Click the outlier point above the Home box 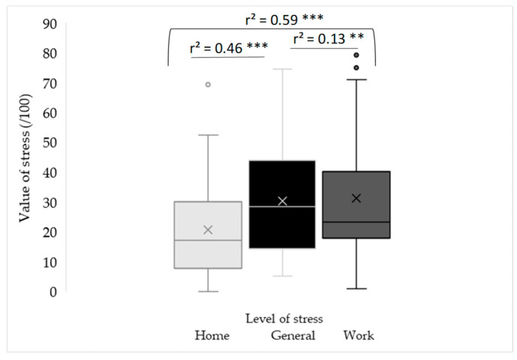[x=208, y=85]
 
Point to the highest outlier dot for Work [x=356, y=55]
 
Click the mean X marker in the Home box [x=208, y=229]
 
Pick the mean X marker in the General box [x=282, y=201]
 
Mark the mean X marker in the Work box [x=356, y=198]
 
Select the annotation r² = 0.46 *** [x=228, y=47]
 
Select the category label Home [x=212, y=335]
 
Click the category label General [x=293, y=335]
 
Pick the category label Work [x=358, y=335]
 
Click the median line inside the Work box [x=356, y=222]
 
